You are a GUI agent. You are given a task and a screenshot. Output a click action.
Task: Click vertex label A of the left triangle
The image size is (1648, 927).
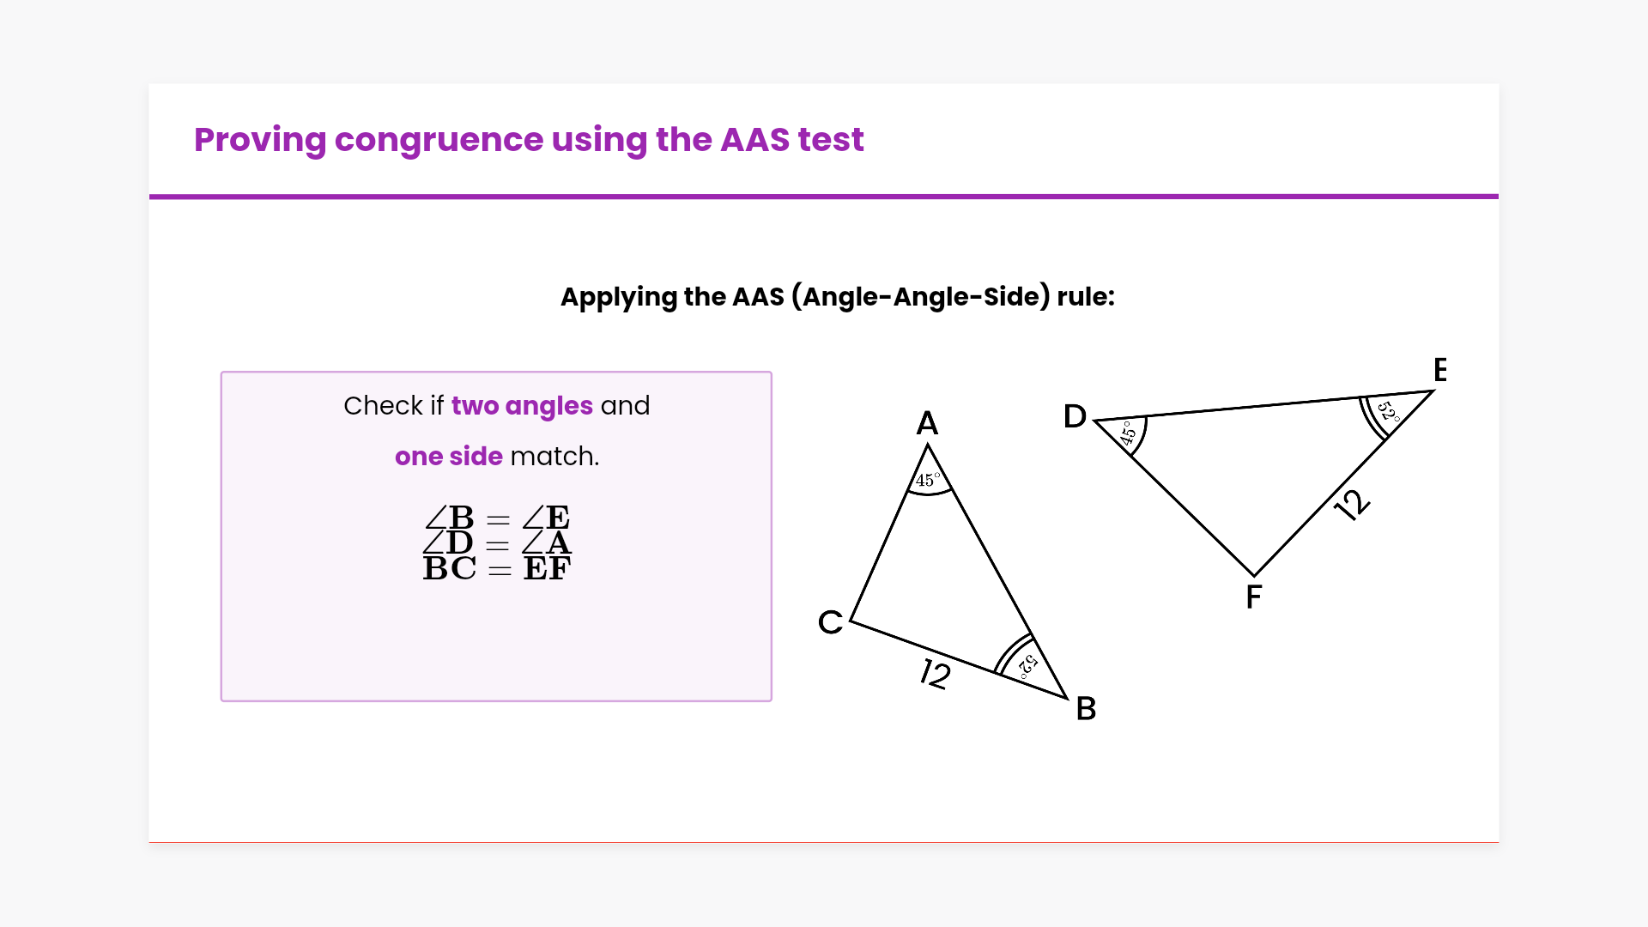(x=927, y=423)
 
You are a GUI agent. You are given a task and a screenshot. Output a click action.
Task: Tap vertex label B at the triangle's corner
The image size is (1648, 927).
(x=1086, y=709)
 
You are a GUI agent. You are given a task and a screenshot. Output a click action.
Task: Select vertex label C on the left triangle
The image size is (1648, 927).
(x=830, y=622)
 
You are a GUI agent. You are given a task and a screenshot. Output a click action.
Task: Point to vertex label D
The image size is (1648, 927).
(x=1075, y=416)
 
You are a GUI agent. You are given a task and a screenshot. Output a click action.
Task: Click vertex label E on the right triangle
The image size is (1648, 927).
(x=1440, y=370)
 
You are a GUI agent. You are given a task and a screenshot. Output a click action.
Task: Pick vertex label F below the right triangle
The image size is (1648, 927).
(x=1254, y=597)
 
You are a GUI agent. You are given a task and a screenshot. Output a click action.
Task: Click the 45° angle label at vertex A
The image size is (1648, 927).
(x=928, y=480)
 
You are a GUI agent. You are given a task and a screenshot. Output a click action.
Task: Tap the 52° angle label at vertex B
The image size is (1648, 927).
(x=1028, y=665)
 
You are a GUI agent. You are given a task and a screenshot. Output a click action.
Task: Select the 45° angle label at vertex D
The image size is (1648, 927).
(x=1128, y=433)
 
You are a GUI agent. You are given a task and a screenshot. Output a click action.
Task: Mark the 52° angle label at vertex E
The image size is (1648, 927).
(x=1388, y=411)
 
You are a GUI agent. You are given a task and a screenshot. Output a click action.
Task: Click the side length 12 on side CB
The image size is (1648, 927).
(x=936, y=674)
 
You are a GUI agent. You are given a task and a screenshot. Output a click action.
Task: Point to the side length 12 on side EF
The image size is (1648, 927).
(x=1352, y=505)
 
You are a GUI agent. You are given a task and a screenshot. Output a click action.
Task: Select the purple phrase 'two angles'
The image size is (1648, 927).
(x=522, y=406)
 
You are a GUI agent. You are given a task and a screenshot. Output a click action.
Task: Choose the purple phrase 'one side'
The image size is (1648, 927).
(x=448, y=457)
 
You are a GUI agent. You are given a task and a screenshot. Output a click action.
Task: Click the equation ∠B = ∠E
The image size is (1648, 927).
(x=497, y=518)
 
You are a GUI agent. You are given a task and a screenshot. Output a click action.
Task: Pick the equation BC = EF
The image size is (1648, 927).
(x=497, y=568)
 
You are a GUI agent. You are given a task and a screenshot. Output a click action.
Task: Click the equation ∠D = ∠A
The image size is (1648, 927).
(x=497, y=543)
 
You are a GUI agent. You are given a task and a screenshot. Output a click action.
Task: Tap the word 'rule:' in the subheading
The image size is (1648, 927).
(x=1086, y=297)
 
